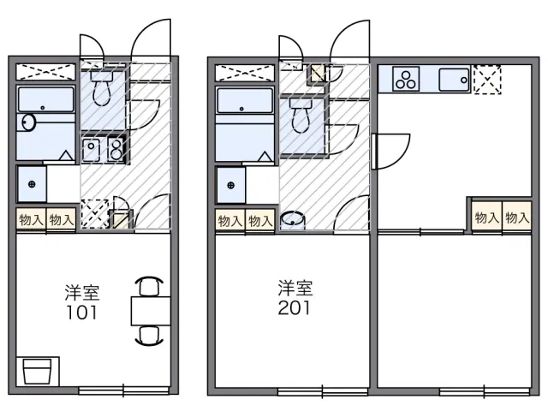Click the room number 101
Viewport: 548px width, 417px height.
pos(82,313)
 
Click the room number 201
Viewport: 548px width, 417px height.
pos(294,308)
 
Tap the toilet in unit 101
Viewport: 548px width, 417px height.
pos(102,88)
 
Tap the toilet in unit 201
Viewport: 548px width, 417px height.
pos(301,116)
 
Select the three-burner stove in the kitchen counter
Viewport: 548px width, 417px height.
pos(406,80)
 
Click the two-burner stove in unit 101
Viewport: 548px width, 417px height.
pos(115,151)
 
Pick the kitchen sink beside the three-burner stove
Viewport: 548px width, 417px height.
pos(454,80)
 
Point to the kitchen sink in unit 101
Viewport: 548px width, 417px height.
pos(91,151)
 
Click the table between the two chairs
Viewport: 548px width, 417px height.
pos(151,311)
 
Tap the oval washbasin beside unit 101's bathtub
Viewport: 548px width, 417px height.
pos(28,122)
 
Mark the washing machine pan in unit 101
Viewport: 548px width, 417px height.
pos(32,184)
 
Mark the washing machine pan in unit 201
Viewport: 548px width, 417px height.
pos(230,185)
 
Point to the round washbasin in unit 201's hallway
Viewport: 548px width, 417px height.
pos(293,219)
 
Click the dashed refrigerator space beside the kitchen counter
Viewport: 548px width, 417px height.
pos(487,80)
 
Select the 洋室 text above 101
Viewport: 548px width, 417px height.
pos(82,293)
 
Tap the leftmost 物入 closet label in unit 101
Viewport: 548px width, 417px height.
pos(31,220)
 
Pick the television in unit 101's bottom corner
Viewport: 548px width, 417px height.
pos(38,372)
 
